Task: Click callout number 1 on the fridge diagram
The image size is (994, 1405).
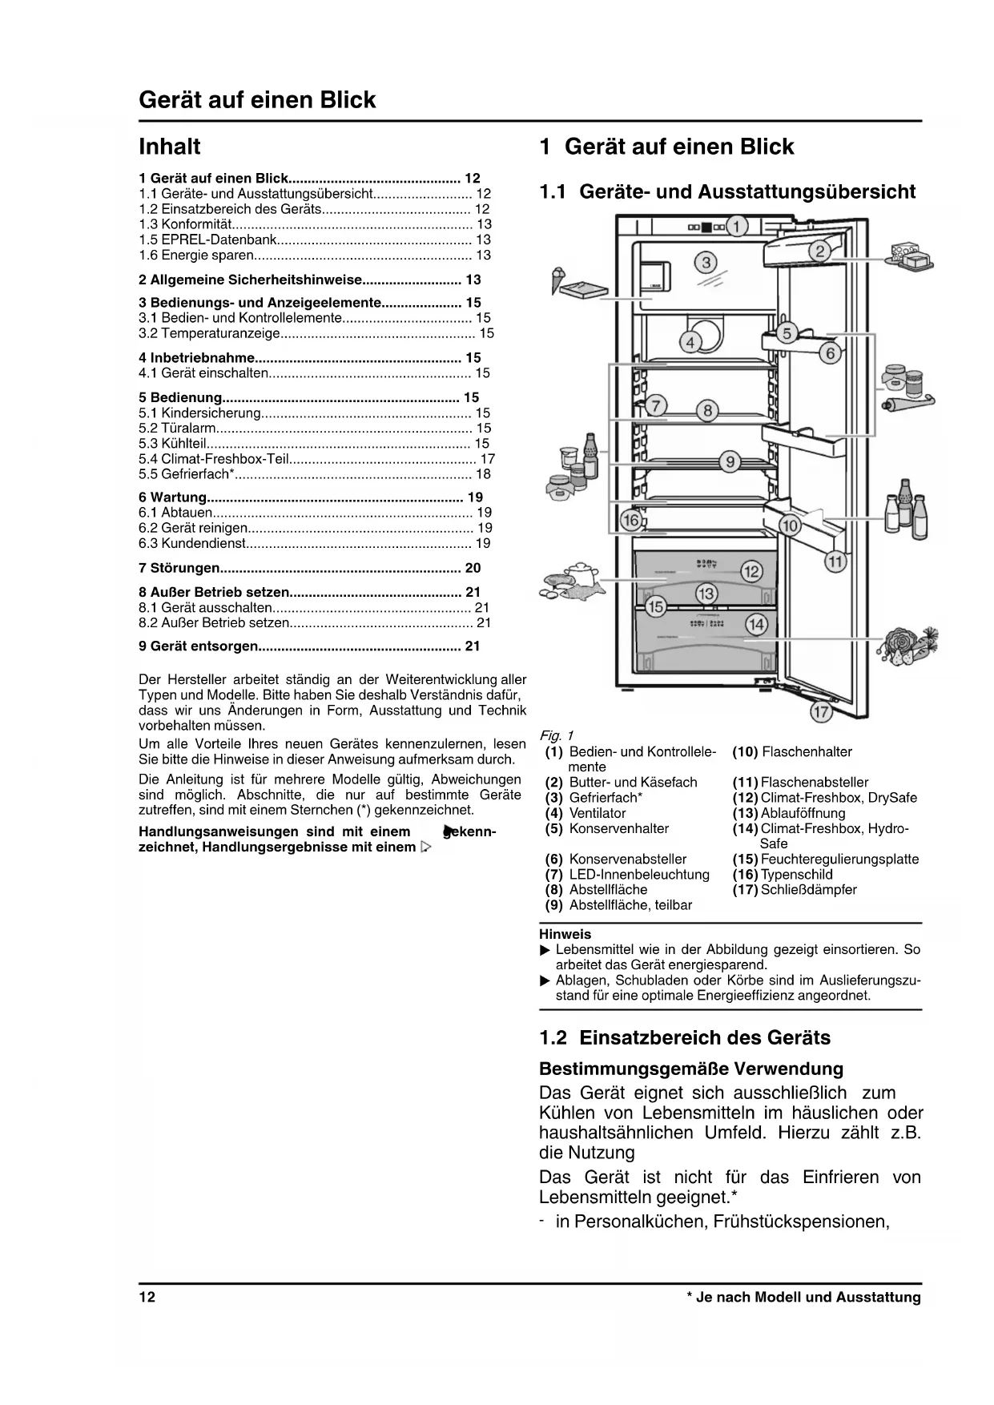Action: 737,226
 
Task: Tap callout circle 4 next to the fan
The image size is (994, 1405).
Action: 690,343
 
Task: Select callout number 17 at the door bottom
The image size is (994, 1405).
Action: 820,711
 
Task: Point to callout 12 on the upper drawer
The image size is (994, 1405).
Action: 751,571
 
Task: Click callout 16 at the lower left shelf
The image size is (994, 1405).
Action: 631,521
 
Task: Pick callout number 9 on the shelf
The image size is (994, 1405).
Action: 730,461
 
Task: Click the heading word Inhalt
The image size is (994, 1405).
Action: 170,147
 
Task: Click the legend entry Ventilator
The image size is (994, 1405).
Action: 598,813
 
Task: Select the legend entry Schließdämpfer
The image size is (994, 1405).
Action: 808,890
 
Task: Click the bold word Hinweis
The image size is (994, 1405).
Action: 565,934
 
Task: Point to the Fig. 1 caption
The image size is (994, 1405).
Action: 557,735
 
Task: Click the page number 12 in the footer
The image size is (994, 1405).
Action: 147,1298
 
